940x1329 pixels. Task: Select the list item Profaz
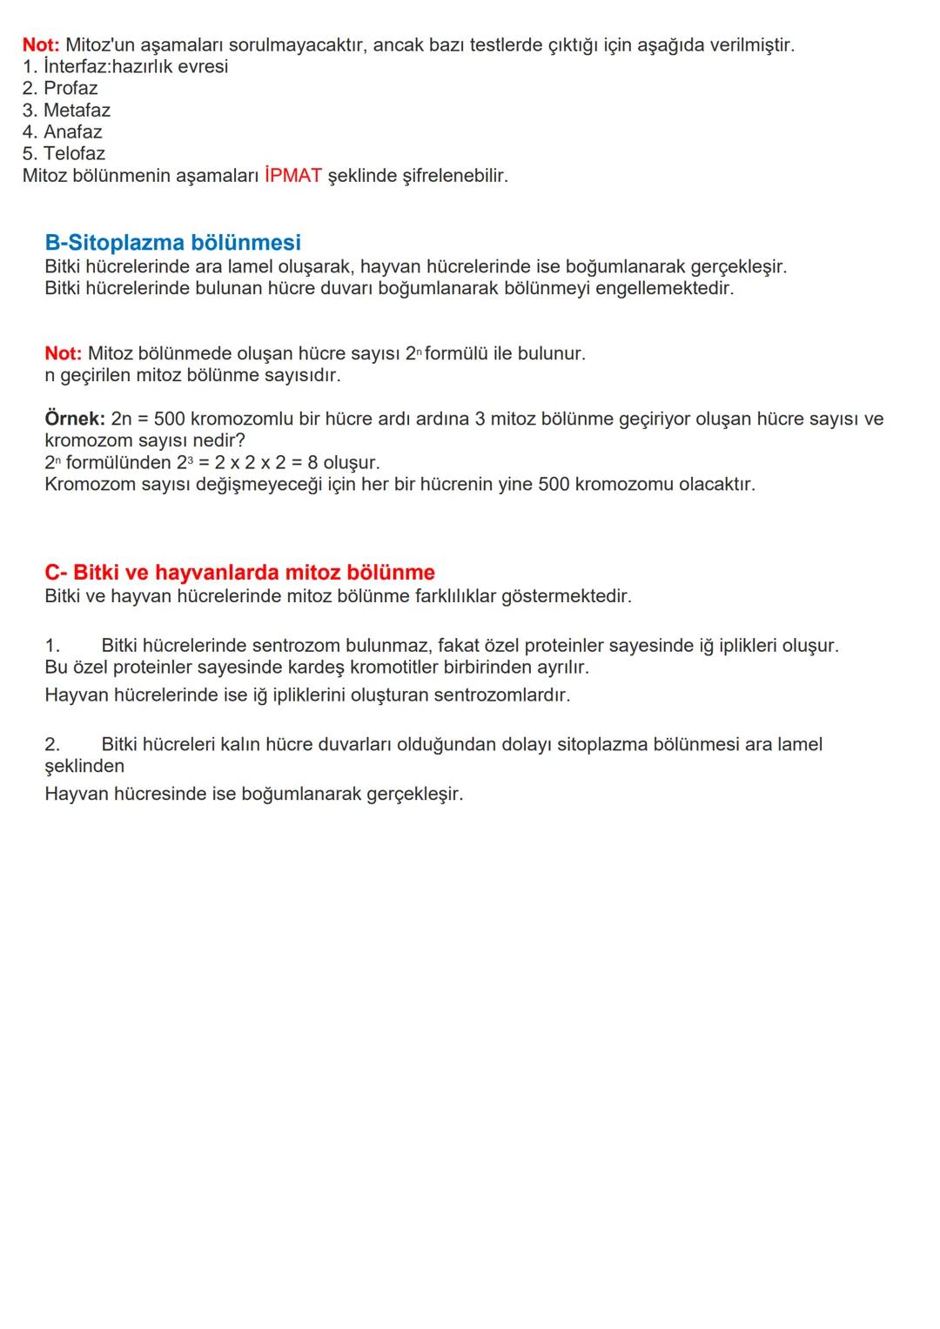(70, 89)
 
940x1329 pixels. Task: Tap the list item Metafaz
(77, 111)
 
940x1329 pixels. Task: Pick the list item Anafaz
(72, 132)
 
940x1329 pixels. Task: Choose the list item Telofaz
(74, 154)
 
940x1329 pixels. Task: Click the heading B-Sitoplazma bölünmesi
(172, 243)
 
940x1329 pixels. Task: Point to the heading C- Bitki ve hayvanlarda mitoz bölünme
(239, 573)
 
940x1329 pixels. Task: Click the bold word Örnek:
(75, 420)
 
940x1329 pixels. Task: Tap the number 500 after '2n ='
(169, 420)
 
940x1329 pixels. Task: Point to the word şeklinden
(84, 767)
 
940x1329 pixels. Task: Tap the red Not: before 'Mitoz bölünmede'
(63, 354)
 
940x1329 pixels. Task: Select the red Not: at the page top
(40, 45)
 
